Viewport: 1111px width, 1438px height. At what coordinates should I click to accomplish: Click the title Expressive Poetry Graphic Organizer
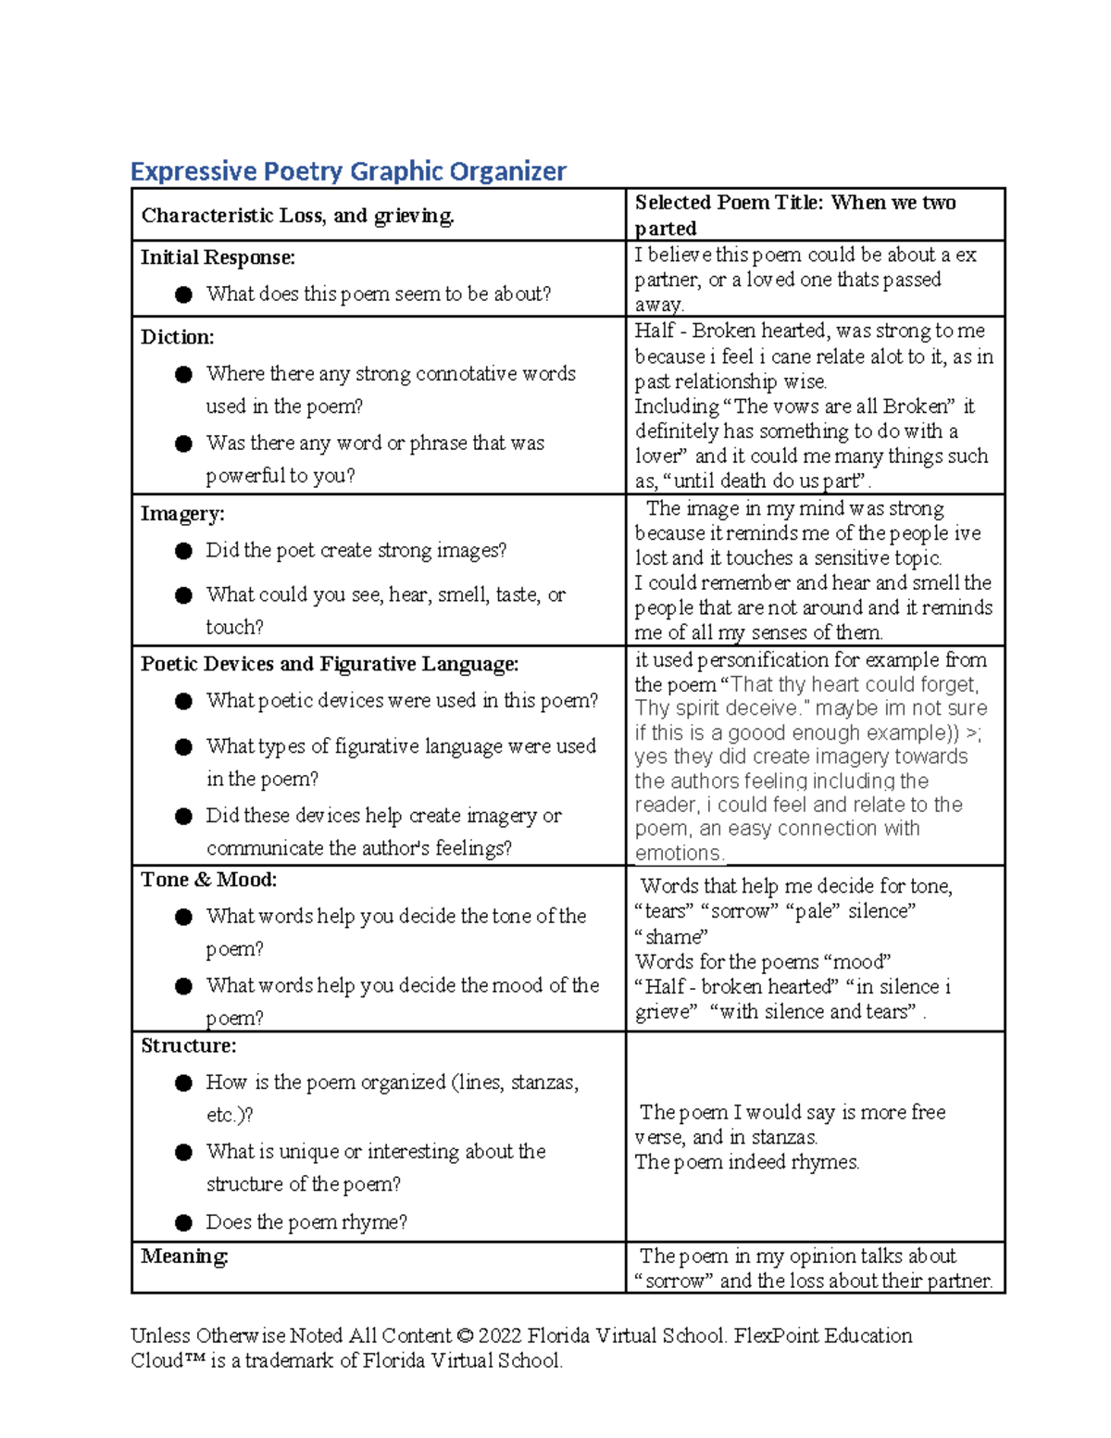(348, 171)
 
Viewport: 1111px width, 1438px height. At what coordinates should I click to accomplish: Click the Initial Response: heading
(218, 257)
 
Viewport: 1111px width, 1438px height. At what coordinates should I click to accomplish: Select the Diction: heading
(177, 337)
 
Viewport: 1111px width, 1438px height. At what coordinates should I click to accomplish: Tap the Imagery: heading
(182, 514)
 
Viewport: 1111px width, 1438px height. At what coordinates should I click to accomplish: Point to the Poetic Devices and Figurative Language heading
(329, 664)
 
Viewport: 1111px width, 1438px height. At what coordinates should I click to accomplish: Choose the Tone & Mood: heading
(208, 880)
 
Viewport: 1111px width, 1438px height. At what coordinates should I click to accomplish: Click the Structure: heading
(188, 1045)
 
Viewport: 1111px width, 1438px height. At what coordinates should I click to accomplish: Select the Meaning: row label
(184, 1257)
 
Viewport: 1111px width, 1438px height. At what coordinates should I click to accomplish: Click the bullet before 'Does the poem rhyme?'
(183, 1223)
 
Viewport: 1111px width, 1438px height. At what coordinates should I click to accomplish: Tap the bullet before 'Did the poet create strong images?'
(183, 551)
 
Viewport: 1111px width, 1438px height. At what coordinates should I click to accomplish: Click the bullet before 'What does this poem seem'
(183, 294)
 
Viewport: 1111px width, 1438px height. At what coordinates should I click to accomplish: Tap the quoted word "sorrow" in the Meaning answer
(674, 1282)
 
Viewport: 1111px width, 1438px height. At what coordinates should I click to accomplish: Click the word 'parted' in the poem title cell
(666, 229)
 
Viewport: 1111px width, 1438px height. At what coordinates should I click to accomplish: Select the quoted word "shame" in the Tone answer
(671, 937)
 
